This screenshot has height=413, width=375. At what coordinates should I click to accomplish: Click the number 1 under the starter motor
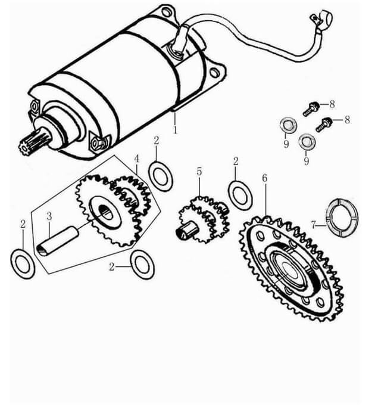(176, 128)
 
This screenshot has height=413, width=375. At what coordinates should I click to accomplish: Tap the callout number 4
(136, 159)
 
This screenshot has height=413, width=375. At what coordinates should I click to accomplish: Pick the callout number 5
(199, 172)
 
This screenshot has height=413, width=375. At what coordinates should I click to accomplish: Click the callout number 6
(264, 178)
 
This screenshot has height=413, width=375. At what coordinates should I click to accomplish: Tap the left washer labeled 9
(288, 126)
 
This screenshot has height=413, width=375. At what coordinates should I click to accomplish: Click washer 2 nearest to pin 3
(23, 262)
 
